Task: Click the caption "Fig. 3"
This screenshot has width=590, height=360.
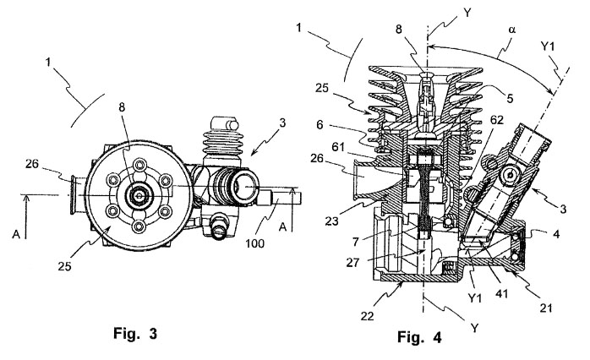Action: pos(135,333)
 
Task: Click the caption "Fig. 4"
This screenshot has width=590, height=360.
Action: pos(419,337)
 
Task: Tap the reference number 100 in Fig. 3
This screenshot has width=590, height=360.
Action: pos(254,243)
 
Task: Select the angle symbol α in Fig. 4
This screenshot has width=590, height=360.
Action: pos(512,30)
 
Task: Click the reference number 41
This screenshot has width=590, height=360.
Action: pos(502,292)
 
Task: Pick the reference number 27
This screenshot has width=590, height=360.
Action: pos(353,263)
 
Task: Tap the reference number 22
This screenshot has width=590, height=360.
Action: pos(367,316)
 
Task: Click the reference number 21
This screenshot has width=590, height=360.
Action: pos(546,308)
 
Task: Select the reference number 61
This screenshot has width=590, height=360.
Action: pos(338,147)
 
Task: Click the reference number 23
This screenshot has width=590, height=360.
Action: pos(332,221)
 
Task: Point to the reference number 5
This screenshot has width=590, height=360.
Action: pos(511,99)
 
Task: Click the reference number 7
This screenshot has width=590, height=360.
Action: pos(356,241)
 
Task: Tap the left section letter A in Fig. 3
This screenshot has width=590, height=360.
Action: pos(16,234)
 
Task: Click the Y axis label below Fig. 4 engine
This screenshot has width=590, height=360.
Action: pos(474,328)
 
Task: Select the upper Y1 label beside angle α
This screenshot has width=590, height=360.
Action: pos(548,46)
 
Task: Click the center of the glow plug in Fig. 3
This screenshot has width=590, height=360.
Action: pos(139,195)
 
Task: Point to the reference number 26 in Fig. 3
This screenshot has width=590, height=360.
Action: pos(33,164)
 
